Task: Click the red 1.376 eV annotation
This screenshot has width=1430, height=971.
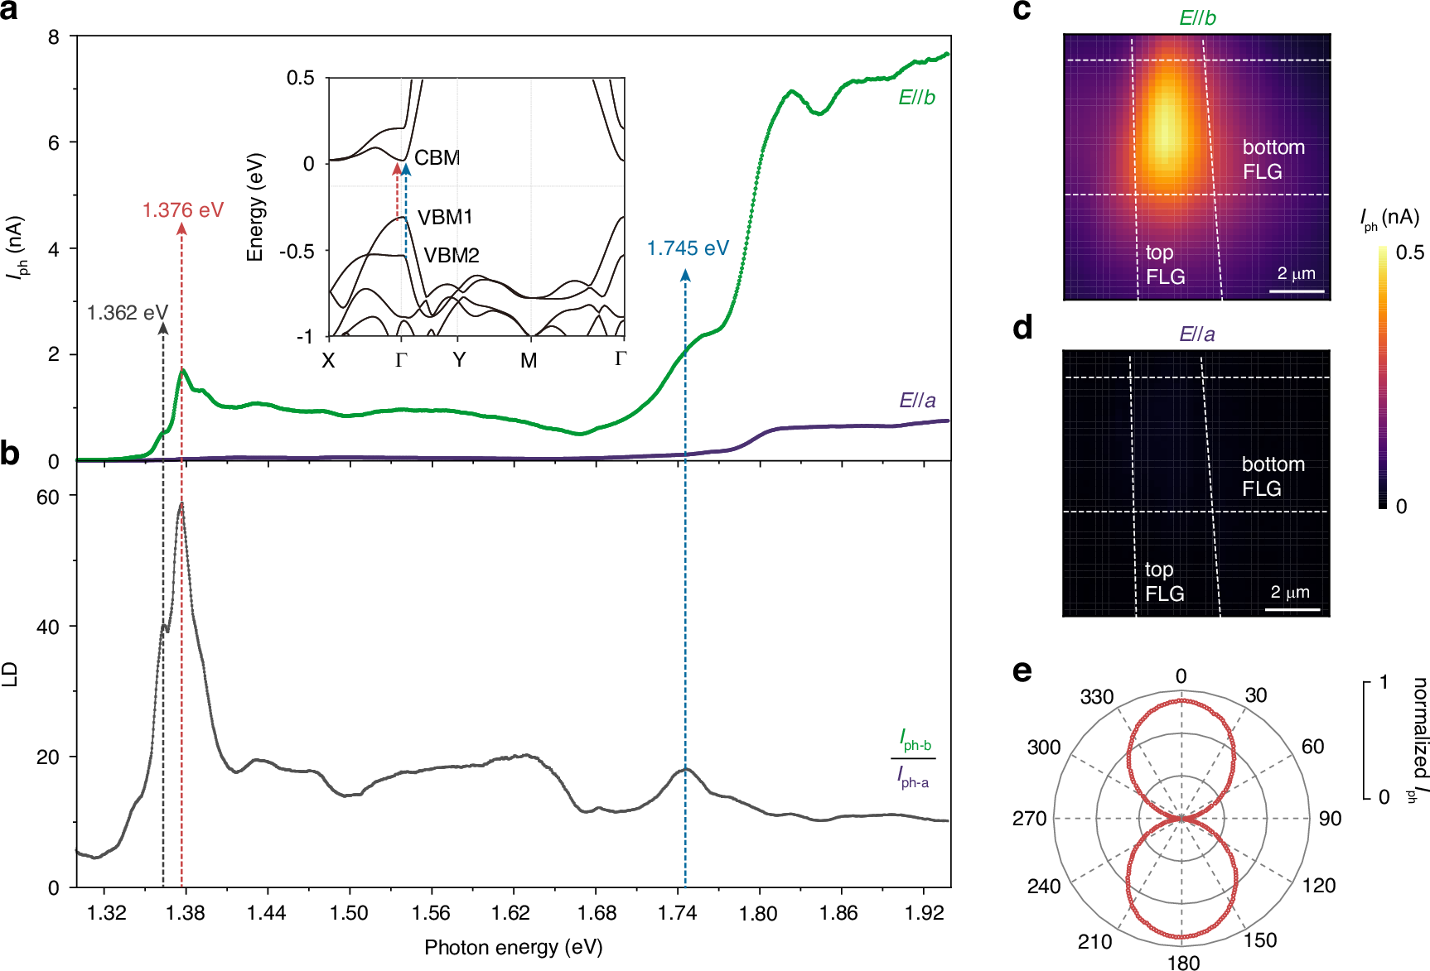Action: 183,210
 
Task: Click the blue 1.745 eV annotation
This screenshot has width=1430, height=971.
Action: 688,248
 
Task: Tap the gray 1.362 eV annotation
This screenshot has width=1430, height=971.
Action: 128,313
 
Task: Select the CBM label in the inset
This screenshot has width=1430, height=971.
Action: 437,158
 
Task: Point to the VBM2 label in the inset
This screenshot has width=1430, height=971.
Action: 452,256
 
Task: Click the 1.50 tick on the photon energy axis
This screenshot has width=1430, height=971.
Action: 349,913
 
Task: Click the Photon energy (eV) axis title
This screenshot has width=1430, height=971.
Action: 513,948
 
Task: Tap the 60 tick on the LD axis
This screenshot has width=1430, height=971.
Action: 48,498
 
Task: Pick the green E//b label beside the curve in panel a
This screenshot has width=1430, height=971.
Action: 916,98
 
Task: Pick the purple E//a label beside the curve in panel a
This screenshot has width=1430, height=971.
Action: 917,401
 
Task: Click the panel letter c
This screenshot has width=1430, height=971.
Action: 1022,10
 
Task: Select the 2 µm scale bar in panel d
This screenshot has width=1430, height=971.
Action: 1292,609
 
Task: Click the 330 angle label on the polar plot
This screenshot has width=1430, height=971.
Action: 1096,697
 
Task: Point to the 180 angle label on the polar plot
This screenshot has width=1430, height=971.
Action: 1183,962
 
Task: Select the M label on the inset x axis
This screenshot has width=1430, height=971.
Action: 529,361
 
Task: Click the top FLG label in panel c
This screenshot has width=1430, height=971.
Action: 1165,265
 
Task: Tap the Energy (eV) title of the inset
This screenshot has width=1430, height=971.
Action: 255,207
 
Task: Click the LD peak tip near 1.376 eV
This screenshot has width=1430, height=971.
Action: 181,503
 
